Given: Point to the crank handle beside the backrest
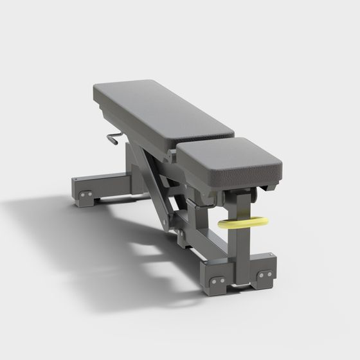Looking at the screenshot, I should [113, 137].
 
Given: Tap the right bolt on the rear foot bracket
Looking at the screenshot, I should [89, 194].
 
